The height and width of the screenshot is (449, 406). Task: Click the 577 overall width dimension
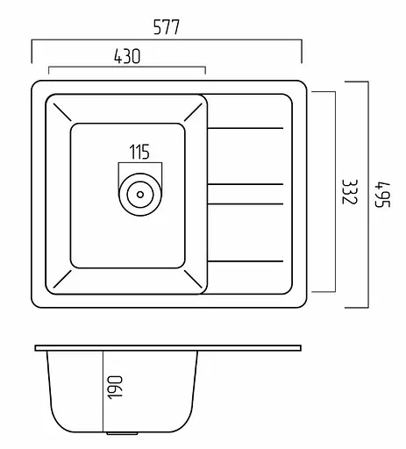pyautogui.click(x=167, y=27)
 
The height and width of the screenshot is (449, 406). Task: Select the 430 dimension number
pyautogui.click(x=127, y=56)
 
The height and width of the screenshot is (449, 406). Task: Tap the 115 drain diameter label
pyautogui.click(x=139, y=152)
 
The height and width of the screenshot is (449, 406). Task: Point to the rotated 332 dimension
pyautogui.click(x=350, y=192)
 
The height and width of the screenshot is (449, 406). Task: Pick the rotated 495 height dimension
pyautogui.click(x=382, y=195)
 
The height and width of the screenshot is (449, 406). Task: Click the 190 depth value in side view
pyautogui.click(x=115, y=388)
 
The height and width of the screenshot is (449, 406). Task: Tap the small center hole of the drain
pyautogui.click(x=140, y=195)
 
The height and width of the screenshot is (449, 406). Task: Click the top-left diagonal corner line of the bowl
pyautogui.click(x=62, y=112)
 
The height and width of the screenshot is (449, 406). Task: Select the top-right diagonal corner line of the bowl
pyautogui.click(x=193, y=112)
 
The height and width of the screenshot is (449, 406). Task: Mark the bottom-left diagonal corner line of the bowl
pyautogui.click(x=62, y=279)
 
